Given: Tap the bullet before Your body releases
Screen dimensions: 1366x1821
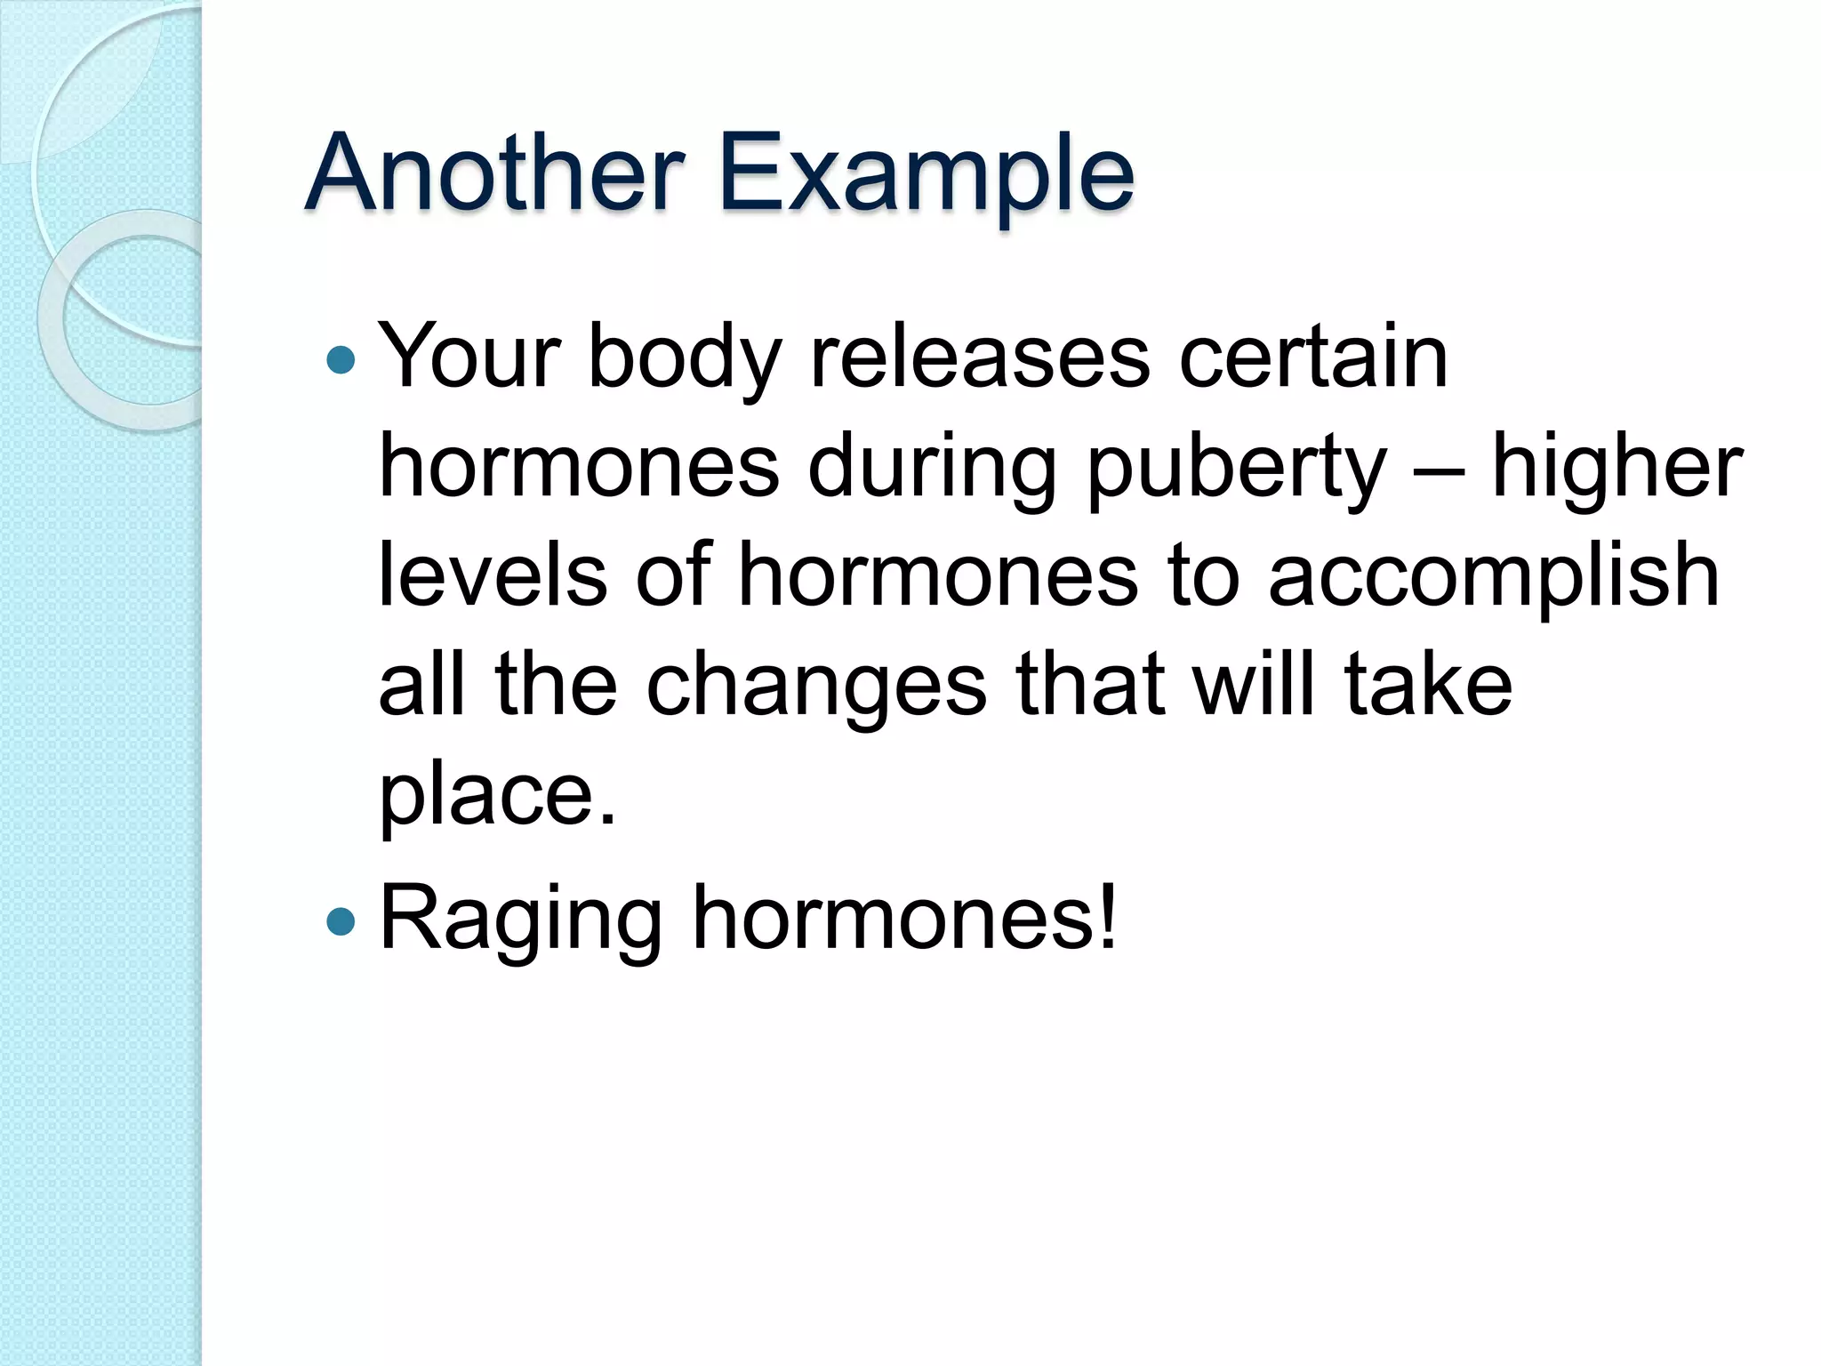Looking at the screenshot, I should click(341, 360).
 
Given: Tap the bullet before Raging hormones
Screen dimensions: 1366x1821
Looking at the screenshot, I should click(341, 922).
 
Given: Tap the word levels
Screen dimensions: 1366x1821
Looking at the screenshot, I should click(493, 575).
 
